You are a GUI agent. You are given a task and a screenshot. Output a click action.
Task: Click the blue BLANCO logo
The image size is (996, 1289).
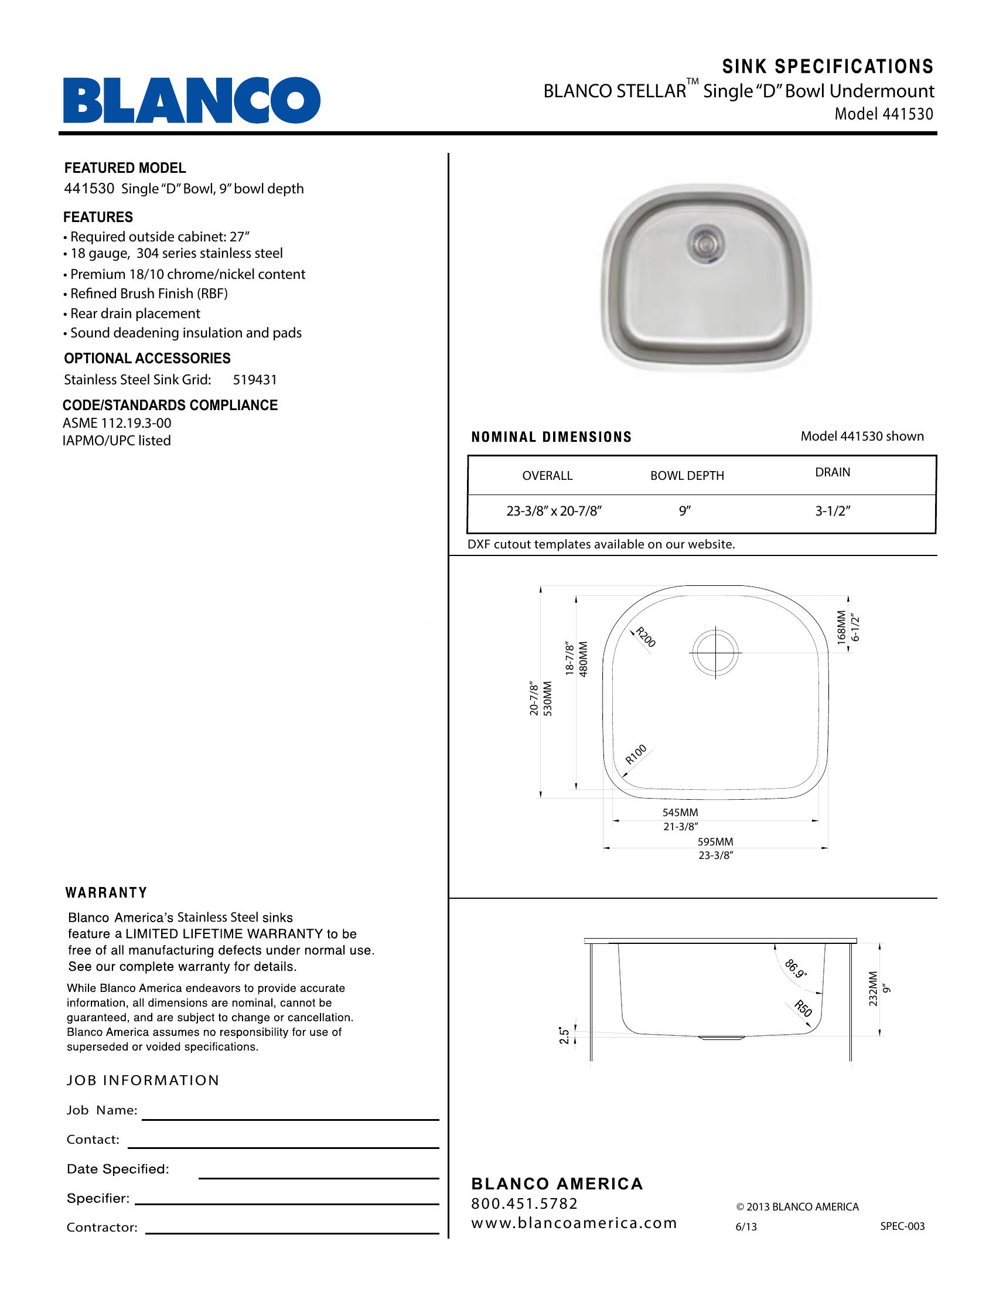click(192, 100)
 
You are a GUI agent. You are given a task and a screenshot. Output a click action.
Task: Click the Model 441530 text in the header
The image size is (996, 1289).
click(884, 114)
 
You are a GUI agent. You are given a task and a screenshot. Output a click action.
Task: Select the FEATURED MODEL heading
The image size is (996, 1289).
click(125, 168)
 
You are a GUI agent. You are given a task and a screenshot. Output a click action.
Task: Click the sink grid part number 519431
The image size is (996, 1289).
click(255, 380)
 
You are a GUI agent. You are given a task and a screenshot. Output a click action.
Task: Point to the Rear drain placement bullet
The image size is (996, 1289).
click(135, 313)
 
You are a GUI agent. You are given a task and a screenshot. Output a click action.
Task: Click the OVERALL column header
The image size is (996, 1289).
click(547, 476)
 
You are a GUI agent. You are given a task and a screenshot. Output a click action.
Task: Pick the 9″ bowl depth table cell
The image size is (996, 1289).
click(685, 511)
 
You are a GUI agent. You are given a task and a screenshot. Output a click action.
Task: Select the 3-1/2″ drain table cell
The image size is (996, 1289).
click(833, 511)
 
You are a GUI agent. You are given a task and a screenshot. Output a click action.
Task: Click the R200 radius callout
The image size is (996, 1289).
click(645, 637)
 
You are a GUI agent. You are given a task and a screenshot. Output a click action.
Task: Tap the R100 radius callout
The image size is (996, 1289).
click(636, 754)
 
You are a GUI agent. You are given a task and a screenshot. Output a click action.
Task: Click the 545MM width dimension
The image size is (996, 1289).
click(680, 813)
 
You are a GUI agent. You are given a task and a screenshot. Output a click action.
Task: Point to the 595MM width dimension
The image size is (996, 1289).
click(715, 842)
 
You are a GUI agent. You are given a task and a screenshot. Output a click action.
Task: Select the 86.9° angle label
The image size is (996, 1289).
click(796, 969)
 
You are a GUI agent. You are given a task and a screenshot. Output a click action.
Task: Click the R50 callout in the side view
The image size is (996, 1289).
click(803, 1008)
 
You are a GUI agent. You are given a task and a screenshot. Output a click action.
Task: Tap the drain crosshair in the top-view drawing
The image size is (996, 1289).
click(716, 653)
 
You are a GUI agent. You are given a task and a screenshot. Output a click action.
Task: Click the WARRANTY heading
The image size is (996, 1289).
click(106, 892)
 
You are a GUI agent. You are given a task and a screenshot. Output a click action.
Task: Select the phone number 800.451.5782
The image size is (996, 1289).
click(524, 1203)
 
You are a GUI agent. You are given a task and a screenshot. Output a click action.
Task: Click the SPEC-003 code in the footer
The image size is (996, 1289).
click(902, 1226)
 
